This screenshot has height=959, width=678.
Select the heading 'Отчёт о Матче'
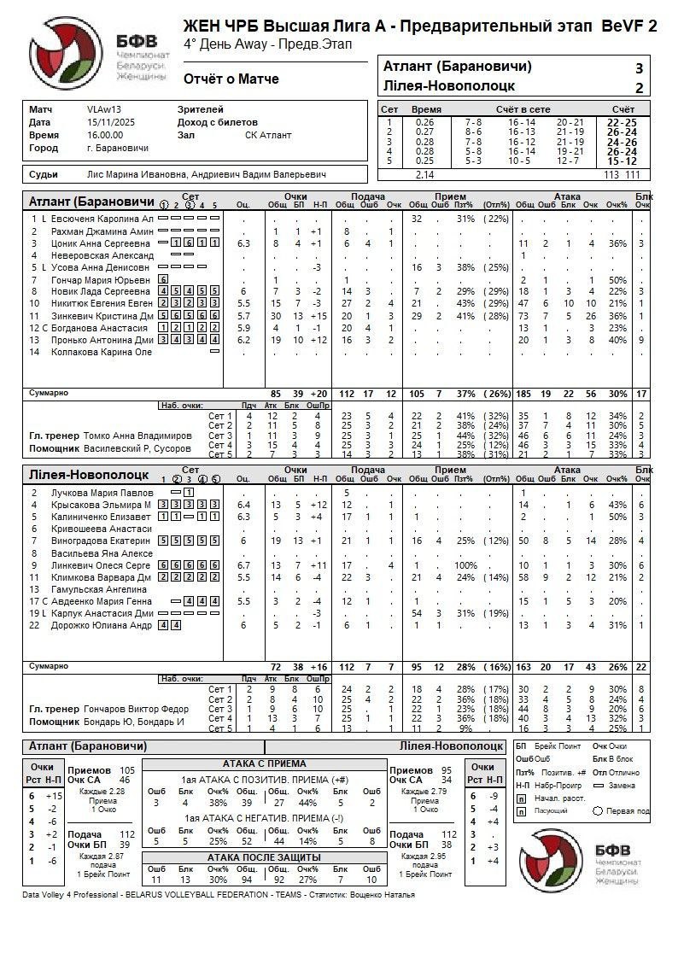coord(231,79)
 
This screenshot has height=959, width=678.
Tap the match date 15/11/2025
coord(106,122)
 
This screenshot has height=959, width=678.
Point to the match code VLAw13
coord(104,109)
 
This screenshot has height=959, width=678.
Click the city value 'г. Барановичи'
coord(118,148)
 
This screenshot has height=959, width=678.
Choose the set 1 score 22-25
coord(622,122)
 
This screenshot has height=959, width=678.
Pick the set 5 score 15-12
coord(622,161)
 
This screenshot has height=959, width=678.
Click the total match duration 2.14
coord(424,174)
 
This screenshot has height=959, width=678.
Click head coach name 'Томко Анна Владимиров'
coord(138,436)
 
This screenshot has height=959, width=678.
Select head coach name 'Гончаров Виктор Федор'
coord(137,709)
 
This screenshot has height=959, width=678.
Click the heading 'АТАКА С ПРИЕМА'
coord(264,763)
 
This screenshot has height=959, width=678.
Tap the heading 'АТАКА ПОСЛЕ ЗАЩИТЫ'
coord(264,857)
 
